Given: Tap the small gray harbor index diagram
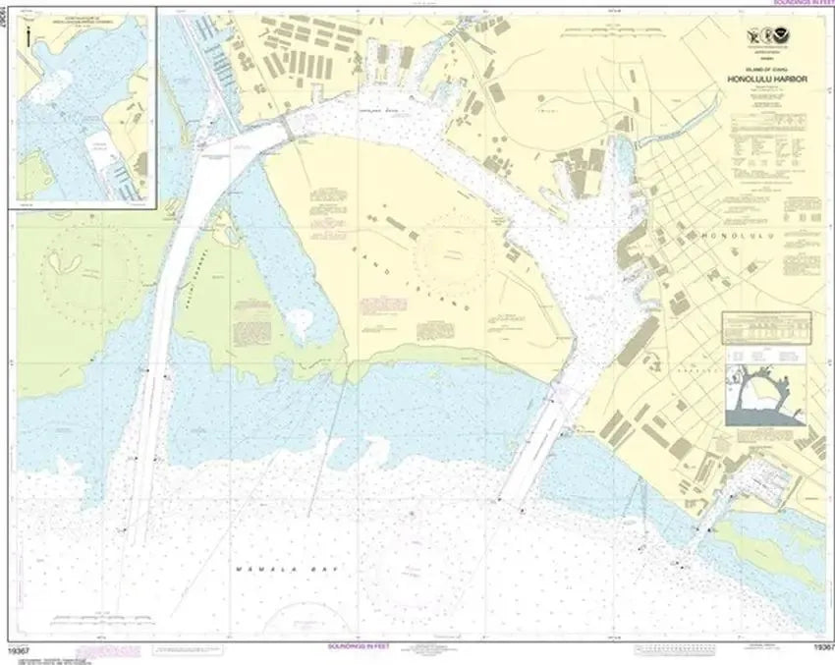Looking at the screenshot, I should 766,393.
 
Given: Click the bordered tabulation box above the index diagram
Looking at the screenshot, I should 765,327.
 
